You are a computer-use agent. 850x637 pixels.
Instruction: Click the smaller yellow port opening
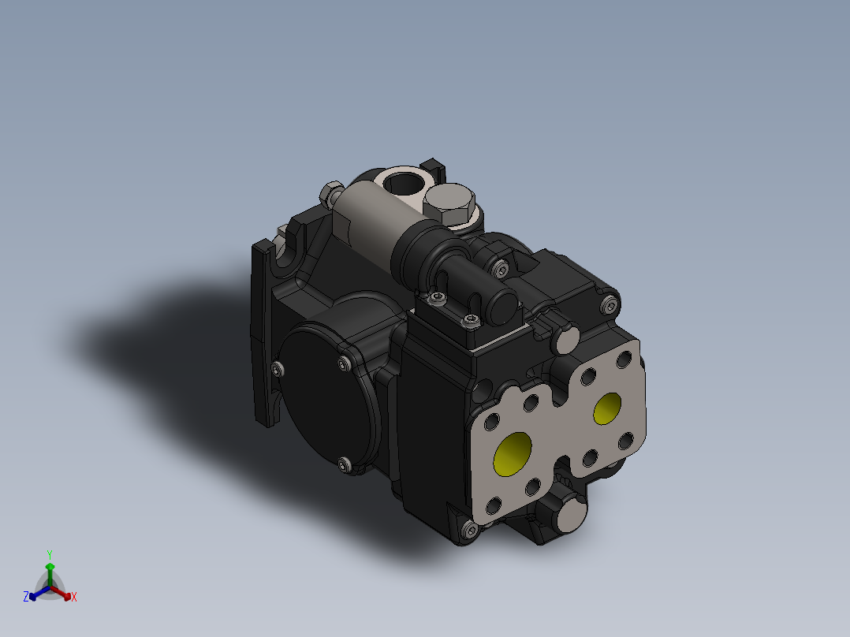[608, 408]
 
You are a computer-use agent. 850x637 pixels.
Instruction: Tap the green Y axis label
[50, 554]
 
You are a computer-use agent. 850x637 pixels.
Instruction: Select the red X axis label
[74, 598]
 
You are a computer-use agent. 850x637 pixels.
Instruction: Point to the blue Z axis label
[26, 598]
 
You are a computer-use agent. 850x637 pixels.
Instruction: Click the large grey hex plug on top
[449, 205]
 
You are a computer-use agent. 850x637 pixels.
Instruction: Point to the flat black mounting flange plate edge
[263, 331]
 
